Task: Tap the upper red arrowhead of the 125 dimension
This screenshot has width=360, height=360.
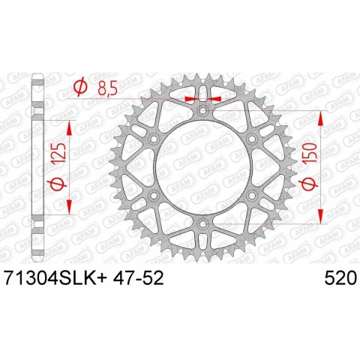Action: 71,124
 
